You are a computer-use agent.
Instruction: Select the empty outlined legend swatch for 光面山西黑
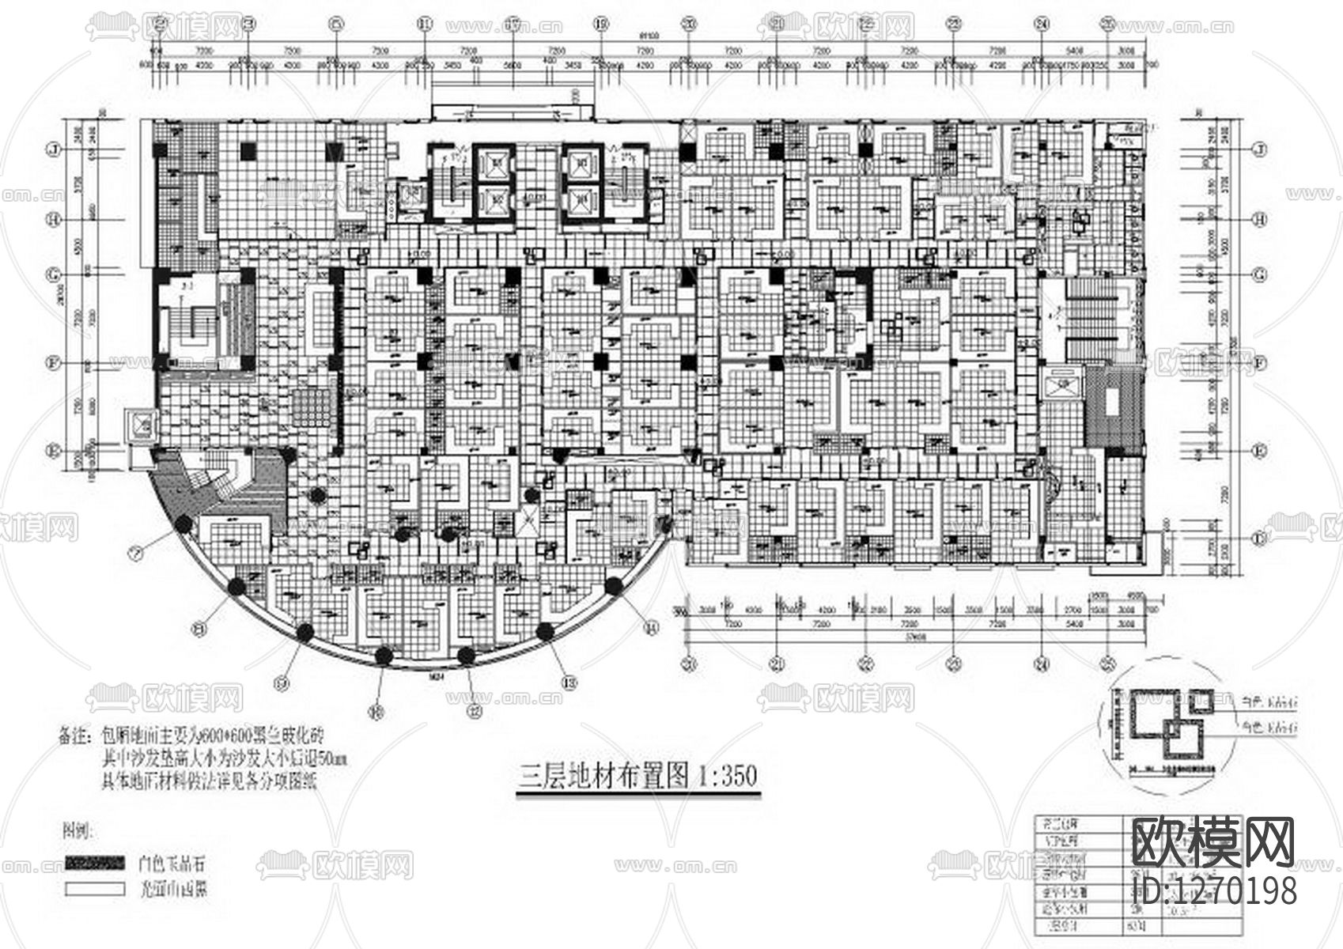click(94, 888)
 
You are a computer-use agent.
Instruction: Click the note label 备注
click(75, 735)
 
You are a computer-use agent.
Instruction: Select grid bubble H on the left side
click(55, 219)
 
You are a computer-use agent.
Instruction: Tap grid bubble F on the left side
click(55, 364)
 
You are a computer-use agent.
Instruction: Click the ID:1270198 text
click(1214, 890)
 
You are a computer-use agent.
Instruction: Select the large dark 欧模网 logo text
click(1214, 842)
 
